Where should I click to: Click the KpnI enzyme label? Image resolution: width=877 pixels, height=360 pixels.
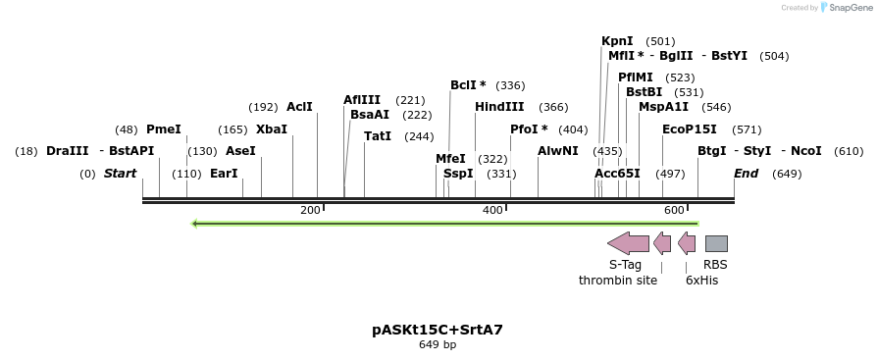coord(617,41)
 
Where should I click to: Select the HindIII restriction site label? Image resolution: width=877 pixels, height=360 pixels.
coord(499,107)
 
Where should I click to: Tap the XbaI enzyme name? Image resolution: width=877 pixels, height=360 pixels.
coord(272,129)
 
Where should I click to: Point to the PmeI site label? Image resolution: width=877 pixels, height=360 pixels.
coord(163,129)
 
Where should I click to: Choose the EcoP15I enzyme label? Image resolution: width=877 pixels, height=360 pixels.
coord(689,129)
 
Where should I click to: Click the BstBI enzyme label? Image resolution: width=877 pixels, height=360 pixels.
coord(644,92)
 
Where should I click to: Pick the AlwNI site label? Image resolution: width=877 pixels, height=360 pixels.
coord(557,151)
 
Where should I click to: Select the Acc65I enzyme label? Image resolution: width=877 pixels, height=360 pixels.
coord(617,174)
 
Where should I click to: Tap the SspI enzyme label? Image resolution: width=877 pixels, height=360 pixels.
coord(458,174)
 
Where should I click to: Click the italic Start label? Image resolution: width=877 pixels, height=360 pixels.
coord(121,174)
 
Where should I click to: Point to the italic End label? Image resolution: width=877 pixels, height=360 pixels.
coord(746,174)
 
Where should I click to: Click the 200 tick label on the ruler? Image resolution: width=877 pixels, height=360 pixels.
coord(310,211)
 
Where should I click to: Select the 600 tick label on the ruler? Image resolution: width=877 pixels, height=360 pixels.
coord(673,211)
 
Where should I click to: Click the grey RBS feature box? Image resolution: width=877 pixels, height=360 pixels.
coord(716,243)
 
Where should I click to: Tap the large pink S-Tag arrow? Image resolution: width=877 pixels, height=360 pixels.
coord(628,243)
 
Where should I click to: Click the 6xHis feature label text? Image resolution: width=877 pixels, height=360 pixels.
coord(701,281)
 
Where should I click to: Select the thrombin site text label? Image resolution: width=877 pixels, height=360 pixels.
coord(618,281)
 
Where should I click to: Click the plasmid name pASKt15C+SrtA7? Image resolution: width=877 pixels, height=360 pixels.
coord(438,330)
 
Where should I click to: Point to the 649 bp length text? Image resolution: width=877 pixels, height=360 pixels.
coord(438,345)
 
